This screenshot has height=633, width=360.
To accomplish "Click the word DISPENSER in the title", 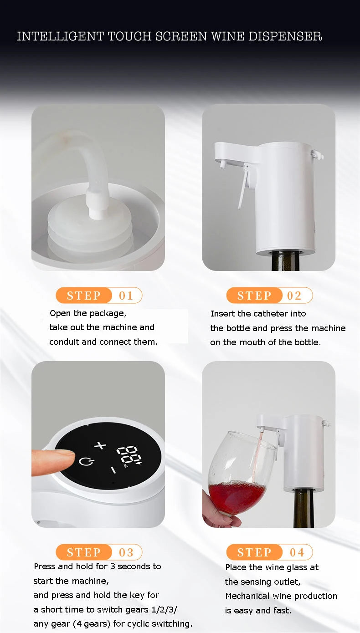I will (x=285, y=36).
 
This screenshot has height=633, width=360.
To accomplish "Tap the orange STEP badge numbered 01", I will (x=84, y=296).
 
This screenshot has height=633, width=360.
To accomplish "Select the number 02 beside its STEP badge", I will (x=294, y=296).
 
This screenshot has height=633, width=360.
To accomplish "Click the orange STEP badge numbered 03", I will (x=84, y=552).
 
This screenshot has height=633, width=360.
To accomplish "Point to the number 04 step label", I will (x=297, y=552).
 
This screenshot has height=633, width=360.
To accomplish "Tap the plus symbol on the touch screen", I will (x=100, y=445).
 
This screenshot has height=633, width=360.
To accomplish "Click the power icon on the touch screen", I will (x=84, y=461).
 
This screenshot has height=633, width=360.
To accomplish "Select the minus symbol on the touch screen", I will (x=113, y=469).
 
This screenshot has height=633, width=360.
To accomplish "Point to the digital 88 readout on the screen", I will (x=128, y=454).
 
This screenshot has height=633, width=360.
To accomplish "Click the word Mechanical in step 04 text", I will (x=247, y=596).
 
